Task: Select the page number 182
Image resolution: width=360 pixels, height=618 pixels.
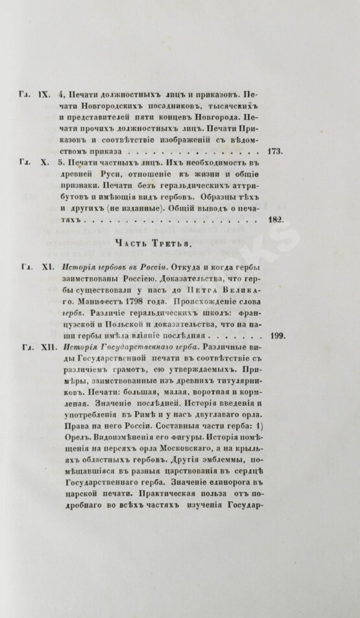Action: [x=274, y=220]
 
